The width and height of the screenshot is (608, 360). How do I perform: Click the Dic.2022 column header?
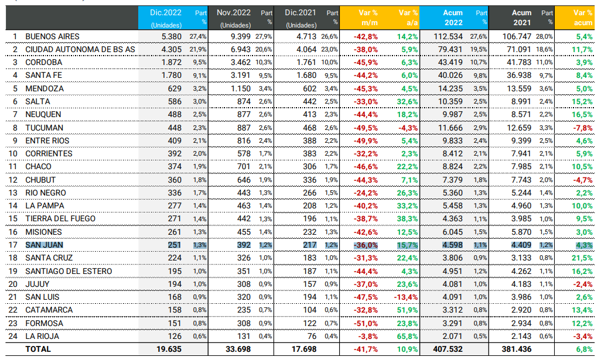pos(166,12)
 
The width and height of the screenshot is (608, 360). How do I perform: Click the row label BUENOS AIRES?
pos(52,36)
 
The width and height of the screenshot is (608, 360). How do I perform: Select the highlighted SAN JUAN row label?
pos(45,245)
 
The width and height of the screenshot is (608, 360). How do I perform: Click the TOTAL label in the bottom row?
pos(38,349)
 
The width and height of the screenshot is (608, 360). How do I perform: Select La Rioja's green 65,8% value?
pos(407,336)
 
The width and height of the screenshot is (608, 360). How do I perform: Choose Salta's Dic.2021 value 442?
pos(312,101)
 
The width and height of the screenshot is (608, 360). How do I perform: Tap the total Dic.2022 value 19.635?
pos(169,349)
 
